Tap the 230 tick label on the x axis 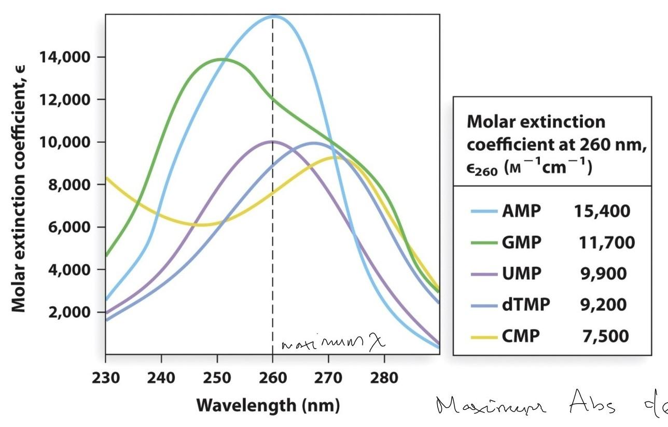[106, 377]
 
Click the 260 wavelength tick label [273, 377]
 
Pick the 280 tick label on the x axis [384, 377]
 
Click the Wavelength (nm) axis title [268, 405]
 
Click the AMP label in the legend [521, 211]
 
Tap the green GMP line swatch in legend [484, 243]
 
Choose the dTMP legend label [525, 305]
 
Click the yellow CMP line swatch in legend [484, 336]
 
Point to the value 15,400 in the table [602, 211]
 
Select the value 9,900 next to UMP [604, 274]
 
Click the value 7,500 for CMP [604, 336]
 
